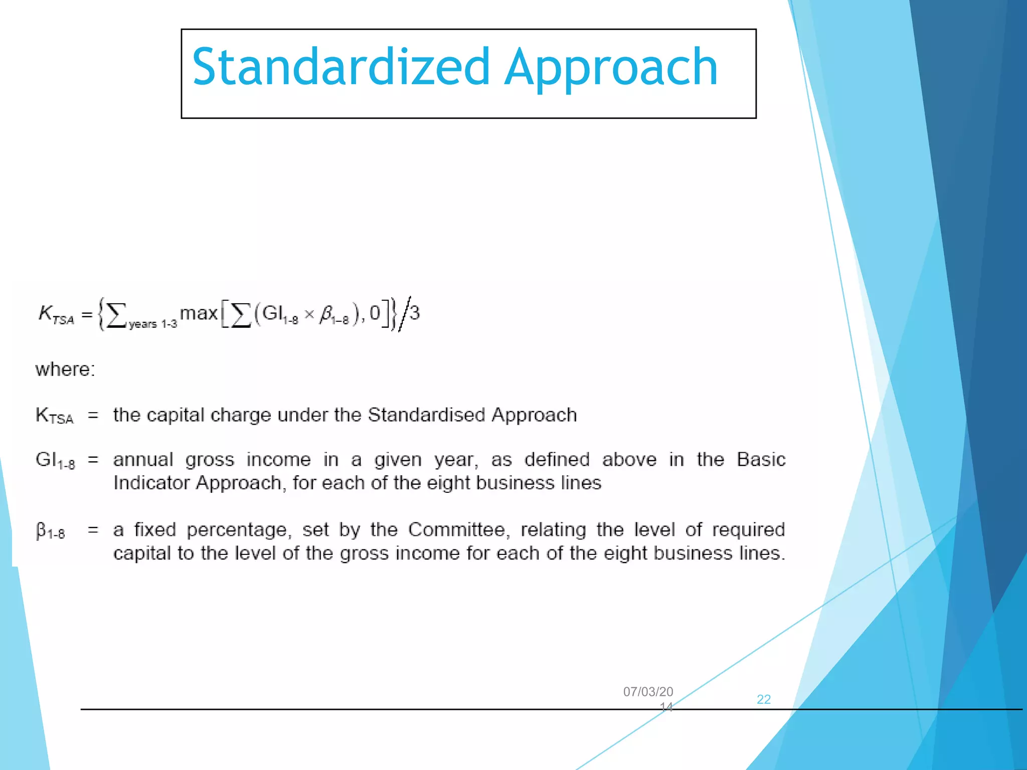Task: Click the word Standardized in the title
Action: (340, 67)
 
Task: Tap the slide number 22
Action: (763, 699)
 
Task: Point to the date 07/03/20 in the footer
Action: (648, 692)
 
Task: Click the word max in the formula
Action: (199, 313)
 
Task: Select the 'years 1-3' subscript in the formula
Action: (153, 324)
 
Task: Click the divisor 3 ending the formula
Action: (415, 313)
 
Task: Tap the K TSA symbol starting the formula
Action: (56, 315)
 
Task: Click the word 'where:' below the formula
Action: (65, 369)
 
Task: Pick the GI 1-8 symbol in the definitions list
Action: (55, 461)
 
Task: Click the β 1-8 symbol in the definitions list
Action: (50, 531)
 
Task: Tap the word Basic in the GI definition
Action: (761, 460)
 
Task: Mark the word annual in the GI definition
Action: (143, 460)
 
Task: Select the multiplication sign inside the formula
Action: (309, 314)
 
